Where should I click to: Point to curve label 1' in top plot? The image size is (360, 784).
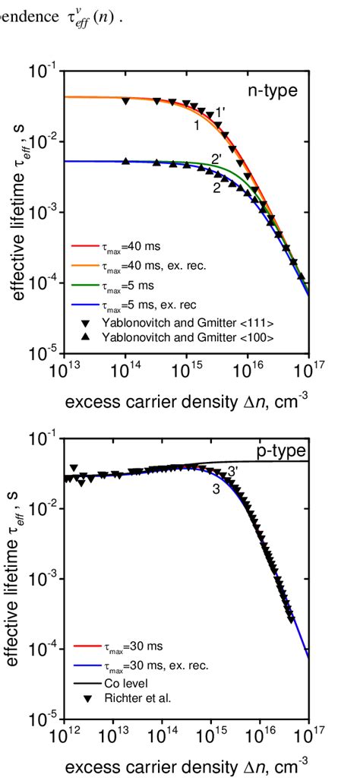point(220,112)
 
